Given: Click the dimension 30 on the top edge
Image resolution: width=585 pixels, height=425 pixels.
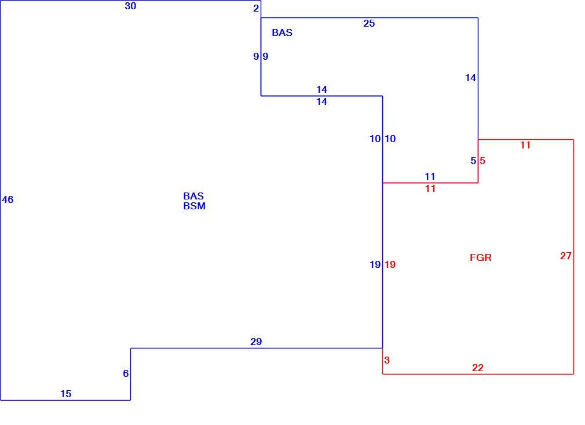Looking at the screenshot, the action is pos(130,6).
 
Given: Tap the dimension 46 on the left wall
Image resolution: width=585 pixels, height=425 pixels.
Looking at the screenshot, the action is pos(8,199).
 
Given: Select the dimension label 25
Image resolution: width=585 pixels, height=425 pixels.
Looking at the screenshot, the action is pos(368,23).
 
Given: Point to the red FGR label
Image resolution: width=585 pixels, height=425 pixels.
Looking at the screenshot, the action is pos(481,257).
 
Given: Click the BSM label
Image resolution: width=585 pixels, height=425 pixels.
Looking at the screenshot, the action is pos(195,206).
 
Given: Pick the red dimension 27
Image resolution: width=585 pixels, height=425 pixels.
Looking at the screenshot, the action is pos(566,256).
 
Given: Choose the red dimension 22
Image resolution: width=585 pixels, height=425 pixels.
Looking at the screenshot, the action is pos(477,368).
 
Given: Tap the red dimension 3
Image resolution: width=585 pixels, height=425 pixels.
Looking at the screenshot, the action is pos(387,360).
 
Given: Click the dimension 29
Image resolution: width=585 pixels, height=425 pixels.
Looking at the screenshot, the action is pos(256,342).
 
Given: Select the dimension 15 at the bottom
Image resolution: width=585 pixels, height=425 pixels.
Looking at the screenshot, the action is pos(65,394).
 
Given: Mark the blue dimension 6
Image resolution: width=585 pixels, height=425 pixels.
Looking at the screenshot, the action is pos(126,373).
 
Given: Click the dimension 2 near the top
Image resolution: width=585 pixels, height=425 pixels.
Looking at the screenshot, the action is pos(256,8).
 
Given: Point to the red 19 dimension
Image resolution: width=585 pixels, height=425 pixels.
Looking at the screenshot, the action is pos(390,264).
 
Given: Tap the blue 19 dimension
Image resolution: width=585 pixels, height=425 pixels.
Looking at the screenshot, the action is pos(375,264).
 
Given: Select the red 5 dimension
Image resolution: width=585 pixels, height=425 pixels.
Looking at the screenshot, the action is pos(482,161).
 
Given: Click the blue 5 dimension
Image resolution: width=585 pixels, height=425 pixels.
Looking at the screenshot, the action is pos(473,161).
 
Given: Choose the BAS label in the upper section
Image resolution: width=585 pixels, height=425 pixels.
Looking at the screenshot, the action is pos(282,32).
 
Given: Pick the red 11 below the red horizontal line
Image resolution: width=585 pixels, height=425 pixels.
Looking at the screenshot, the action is pos(430,188).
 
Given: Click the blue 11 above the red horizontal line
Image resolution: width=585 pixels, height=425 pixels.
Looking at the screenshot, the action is pos(430,176).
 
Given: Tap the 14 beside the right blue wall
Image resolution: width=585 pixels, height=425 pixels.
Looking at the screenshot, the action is pos(470,78).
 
